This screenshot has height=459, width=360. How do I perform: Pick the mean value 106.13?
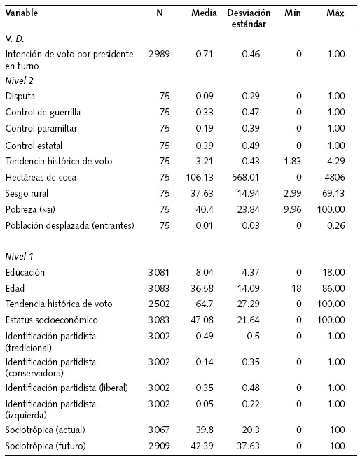tap(203, 176)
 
